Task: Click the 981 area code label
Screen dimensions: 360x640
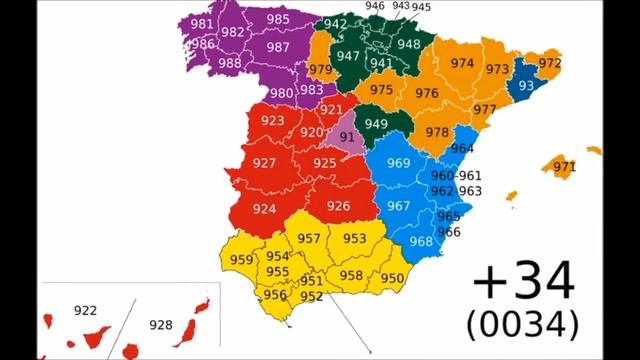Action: (201, 25)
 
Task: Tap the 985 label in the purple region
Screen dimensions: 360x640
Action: (278, 19)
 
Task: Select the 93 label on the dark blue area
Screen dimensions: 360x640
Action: (526, 84)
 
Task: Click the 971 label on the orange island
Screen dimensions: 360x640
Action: (564, 167)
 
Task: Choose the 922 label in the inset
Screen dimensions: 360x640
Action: (86, 311)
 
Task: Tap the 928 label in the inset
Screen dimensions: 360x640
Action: (160, 325)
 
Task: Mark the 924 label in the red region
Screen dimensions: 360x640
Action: (264, 209)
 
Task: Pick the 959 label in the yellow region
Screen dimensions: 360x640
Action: (241, 260)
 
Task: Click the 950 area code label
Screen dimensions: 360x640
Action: (392, 278)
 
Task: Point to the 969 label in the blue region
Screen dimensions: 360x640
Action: (398, 164)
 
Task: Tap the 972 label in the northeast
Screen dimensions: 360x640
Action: (549, 63)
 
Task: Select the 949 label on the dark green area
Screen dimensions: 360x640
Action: (376, 124)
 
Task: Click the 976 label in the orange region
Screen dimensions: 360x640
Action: (427, 94)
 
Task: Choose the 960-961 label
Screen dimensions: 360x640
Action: (456, 176)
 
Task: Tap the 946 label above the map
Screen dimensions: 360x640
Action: (375, 6)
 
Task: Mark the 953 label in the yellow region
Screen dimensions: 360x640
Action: (354, 239)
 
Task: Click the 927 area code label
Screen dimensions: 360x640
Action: (265, 163)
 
